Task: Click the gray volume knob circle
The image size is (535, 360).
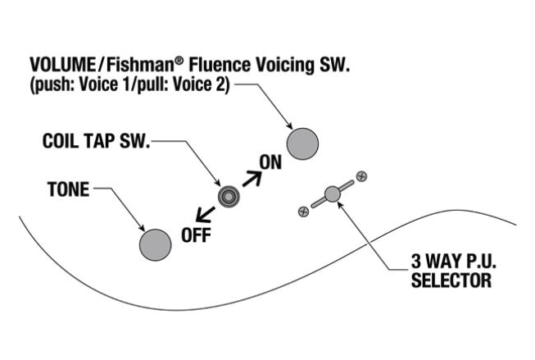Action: (301, 142)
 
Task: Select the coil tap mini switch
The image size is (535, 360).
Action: (228, 195)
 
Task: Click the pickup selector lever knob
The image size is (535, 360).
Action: (332, 194)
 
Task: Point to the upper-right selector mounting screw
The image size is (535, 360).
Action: (360, 175)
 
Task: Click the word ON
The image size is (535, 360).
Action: (270, 162)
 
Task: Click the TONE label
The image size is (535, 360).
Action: (69, 189)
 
